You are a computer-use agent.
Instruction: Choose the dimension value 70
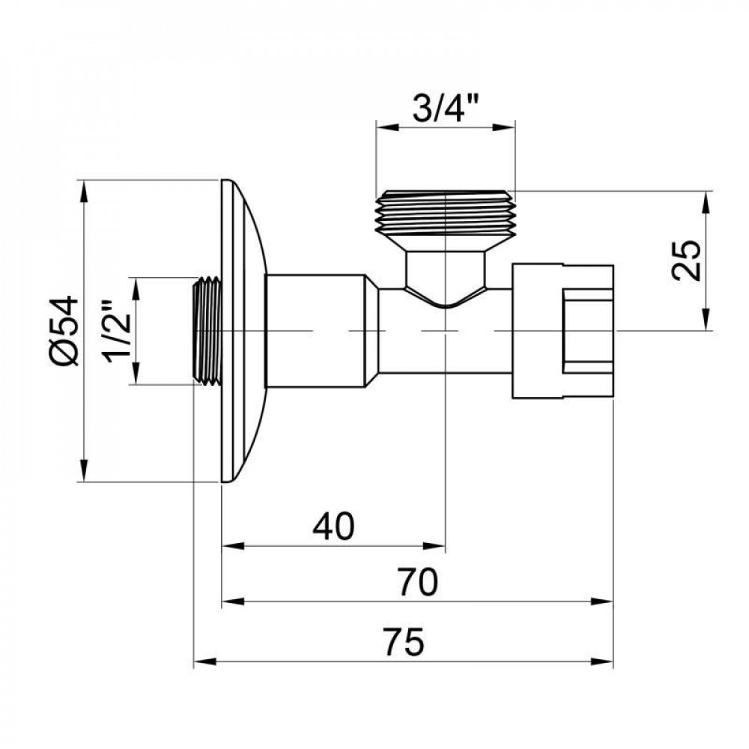416,582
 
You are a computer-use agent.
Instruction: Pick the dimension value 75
404,643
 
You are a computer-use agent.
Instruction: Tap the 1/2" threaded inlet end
207,330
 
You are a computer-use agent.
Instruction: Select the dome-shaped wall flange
243,330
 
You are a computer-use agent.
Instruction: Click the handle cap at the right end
562,330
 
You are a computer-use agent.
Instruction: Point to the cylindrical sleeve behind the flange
315,330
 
